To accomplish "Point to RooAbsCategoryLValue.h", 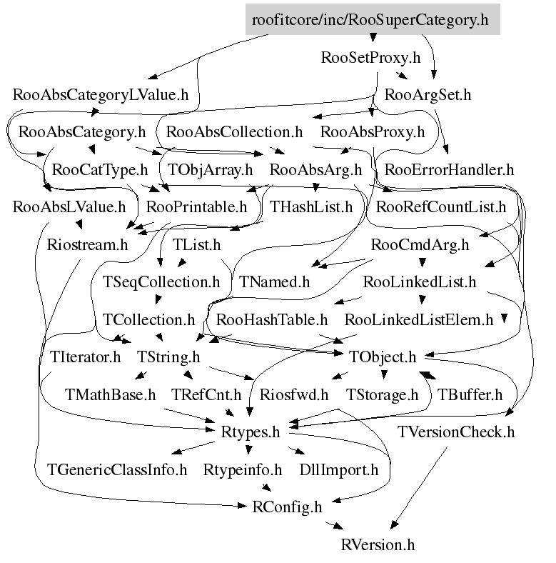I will click(101, 94).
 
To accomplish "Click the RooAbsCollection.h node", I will click(234, 132).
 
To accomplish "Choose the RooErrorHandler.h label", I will click(449, 170).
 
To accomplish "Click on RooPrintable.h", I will click(196, 207).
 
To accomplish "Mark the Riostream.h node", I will click(87, 244).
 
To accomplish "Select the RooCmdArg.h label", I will click(420, 244).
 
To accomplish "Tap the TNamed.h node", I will click(274, 281).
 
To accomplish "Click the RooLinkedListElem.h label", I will click(419, 319).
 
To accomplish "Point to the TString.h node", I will click(168, 357).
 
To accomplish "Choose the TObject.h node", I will click(383, 357).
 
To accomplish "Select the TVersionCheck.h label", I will click(456, 432).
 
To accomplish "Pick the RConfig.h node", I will click(288, 507).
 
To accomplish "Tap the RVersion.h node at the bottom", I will click(378, 544).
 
